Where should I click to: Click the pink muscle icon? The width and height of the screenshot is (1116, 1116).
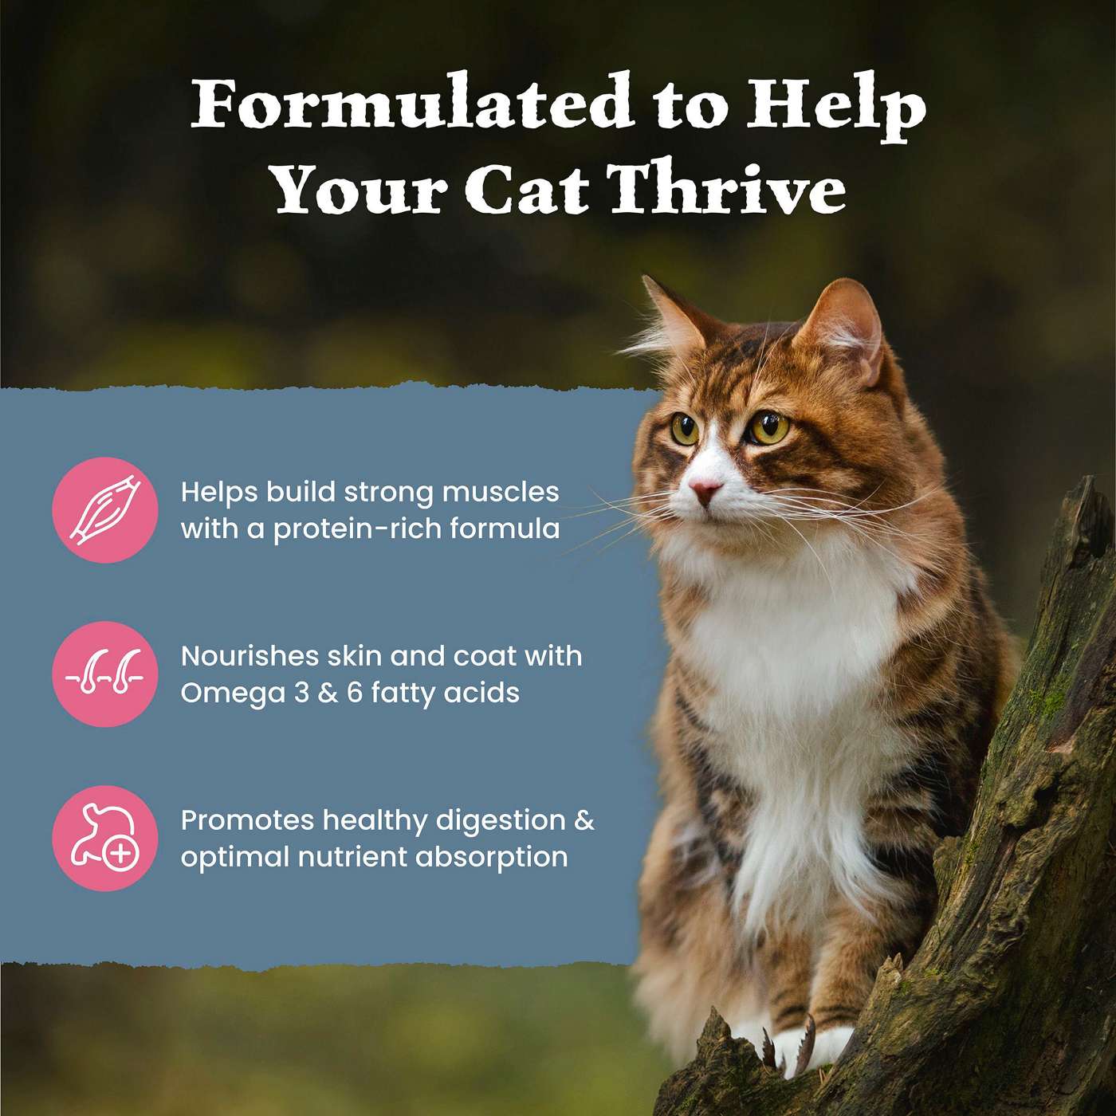[x=104, y=509]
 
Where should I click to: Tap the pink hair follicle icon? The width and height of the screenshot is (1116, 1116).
[x=104, y=674]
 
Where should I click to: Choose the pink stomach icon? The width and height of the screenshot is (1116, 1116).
[x=104, y=838]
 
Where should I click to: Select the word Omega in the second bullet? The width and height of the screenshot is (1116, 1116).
[x=233, y=694]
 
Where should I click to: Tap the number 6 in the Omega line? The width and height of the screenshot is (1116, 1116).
[x=354, y=692]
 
